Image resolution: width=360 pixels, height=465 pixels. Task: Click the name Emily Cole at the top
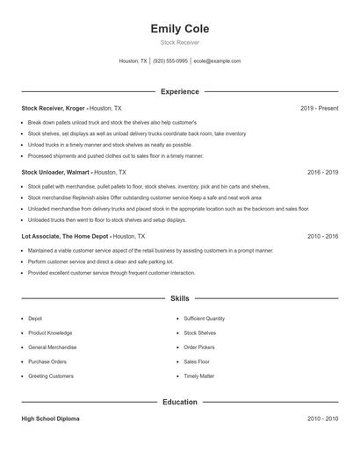coord(179,29)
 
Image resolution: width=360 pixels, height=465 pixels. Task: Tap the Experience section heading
coord(179,91)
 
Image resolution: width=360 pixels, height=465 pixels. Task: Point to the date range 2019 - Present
coord(319,108)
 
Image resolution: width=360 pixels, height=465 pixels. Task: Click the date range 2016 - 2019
coord(322,173)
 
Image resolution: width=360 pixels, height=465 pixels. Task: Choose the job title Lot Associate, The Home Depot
coord(66,237)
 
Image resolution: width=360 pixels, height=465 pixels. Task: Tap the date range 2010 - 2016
coord(322,237)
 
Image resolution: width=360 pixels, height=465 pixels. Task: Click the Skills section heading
coord(179,299)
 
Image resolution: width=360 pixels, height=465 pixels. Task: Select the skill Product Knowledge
coord(50,333)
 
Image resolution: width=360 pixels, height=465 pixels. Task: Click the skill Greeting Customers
coord(51,376)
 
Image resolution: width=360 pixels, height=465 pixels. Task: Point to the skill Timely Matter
coord(199,376)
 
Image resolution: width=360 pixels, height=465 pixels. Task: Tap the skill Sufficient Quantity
coord(205,318)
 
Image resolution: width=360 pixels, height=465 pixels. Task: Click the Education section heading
coord(179,402)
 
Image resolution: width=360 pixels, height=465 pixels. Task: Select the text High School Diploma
coord(50,418)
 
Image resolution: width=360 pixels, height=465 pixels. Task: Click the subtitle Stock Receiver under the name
coord(179,42)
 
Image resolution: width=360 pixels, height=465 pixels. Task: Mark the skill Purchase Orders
coord(47,361)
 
